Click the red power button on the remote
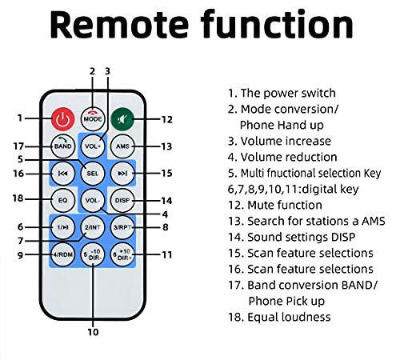point(62,119)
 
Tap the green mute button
point(122,119)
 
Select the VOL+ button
point(93,146)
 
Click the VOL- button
point(93,200)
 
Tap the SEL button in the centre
point(93,174)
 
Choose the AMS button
point(122,146)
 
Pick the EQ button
point(62,200)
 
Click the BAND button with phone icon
point(62,146)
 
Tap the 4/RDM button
point(62,254)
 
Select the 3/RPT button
point(122,227)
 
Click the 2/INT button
point(93,227)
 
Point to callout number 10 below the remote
point(93,332)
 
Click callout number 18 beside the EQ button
point(18,198)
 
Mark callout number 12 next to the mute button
point(167,119)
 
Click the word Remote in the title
point(119,25)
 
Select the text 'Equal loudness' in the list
point(289,317)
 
